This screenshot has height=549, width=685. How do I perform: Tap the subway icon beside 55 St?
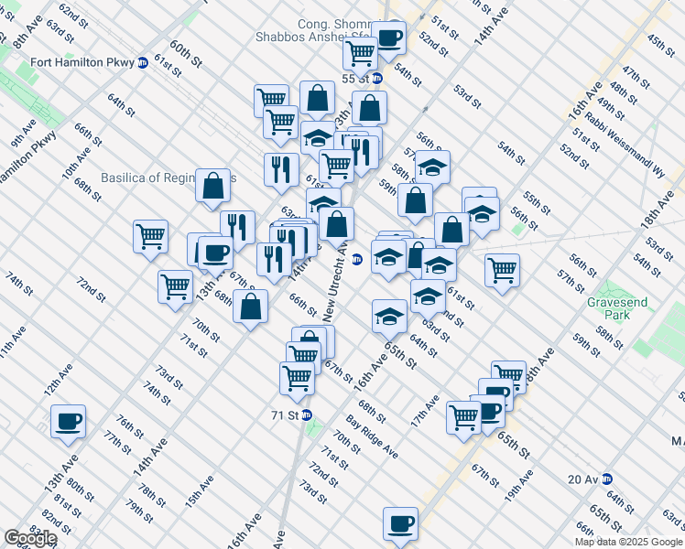(x=376, y=78)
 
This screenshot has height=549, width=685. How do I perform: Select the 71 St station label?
(x=287, y=414)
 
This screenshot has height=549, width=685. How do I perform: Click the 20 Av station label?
(x=582, y=479)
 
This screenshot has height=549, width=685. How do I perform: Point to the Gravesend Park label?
(x=610, y=307)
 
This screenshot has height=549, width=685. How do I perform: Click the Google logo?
(x=30, y=538)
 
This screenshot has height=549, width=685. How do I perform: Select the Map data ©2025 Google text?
(x=628, y=542)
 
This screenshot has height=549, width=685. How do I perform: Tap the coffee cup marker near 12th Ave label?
(x=68, y=422)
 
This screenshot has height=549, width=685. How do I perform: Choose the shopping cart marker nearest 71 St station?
(x=297, y=377)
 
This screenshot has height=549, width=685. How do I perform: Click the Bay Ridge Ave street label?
(x=372, y=437)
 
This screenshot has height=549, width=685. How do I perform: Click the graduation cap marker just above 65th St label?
(x=389, y=316)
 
